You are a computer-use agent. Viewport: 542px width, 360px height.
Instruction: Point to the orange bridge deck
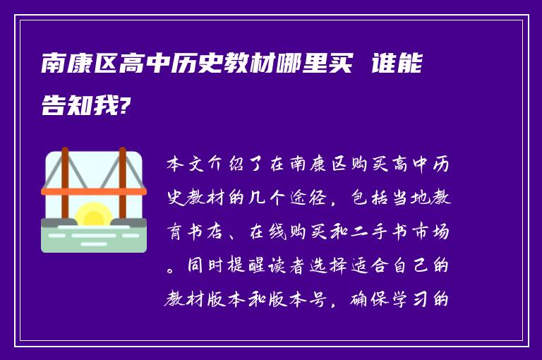pyautogui.click(x=94, y=191)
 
